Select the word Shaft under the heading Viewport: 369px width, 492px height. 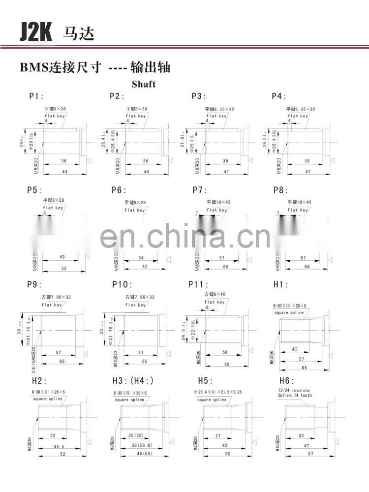[x=143, y=84]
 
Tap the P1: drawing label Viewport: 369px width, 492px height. [x=36, y=96]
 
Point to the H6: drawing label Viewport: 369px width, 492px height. [x=287, y=380]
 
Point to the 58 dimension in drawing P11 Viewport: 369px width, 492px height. [x=224, y=353]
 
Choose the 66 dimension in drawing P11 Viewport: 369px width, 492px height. [x=226, y=364]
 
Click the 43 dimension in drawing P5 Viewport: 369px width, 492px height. [x=62, y=257]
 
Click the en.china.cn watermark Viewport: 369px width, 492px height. [x=184, y=236]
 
